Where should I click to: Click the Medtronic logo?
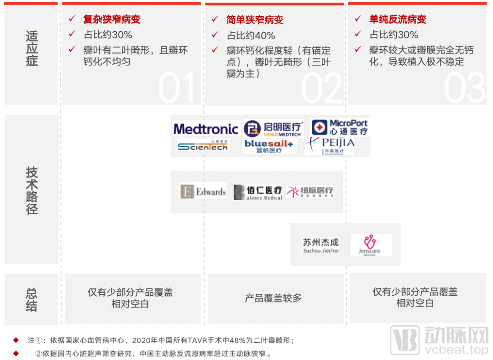205,129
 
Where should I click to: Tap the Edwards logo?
203,191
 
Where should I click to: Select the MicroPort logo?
340,127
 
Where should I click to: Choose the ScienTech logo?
203,146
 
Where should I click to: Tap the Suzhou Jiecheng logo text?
320,245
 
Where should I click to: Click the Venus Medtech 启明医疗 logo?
273,128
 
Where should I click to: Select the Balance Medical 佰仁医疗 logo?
257,192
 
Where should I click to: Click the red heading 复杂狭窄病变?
112,20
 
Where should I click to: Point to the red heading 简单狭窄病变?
255,20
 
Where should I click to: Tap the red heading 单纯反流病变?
398,20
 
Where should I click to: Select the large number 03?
465,88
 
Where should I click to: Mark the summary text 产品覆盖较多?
273,298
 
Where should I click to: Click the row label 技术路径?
31,190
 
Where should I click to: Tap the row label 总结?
31,300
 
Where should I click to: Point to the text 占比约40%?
251,35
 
